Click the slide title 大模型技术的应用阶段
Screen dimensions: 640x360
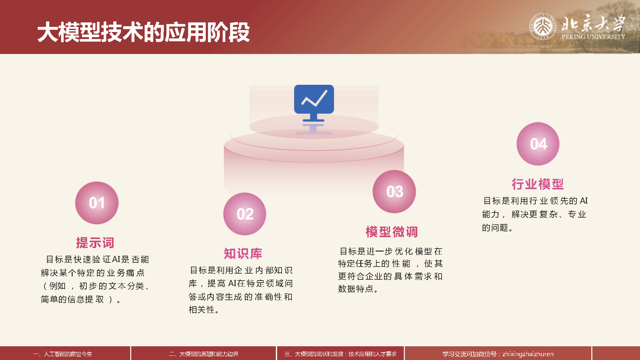coord(143,32)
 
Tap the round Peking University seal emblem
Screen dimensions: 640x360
coord(542,26)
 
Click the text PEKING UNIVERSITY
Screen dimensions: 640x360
coord(593,37)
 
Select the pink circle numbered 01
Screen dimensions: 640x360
coord(97,203)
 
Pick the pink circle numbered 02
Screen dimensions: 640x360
coord(245,214)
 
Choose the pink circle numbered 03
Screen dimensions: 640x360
coord(394,191)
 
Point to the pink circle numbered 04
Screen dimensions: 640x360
coord(538,144)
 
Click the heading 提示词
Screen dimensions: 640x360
coord(95,243)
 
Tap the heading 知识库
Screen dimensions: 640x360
coord(243,253)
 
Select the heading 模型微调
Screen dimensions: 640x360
coord(392,232)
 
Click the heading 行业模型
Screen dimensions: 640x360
coord(538,184)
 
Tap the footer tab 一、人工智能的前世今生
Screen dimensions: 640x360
coord(63,354)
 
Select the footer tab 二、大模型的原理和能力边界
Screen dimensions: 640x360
coord(204,354)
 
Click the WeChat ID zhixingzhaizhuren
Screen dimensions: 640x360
coord(528,354)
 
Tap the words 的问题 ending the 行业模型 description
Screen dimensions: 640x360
coord(495,228)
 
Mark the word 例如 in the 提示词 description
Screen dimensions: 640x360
coord(57,286)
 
